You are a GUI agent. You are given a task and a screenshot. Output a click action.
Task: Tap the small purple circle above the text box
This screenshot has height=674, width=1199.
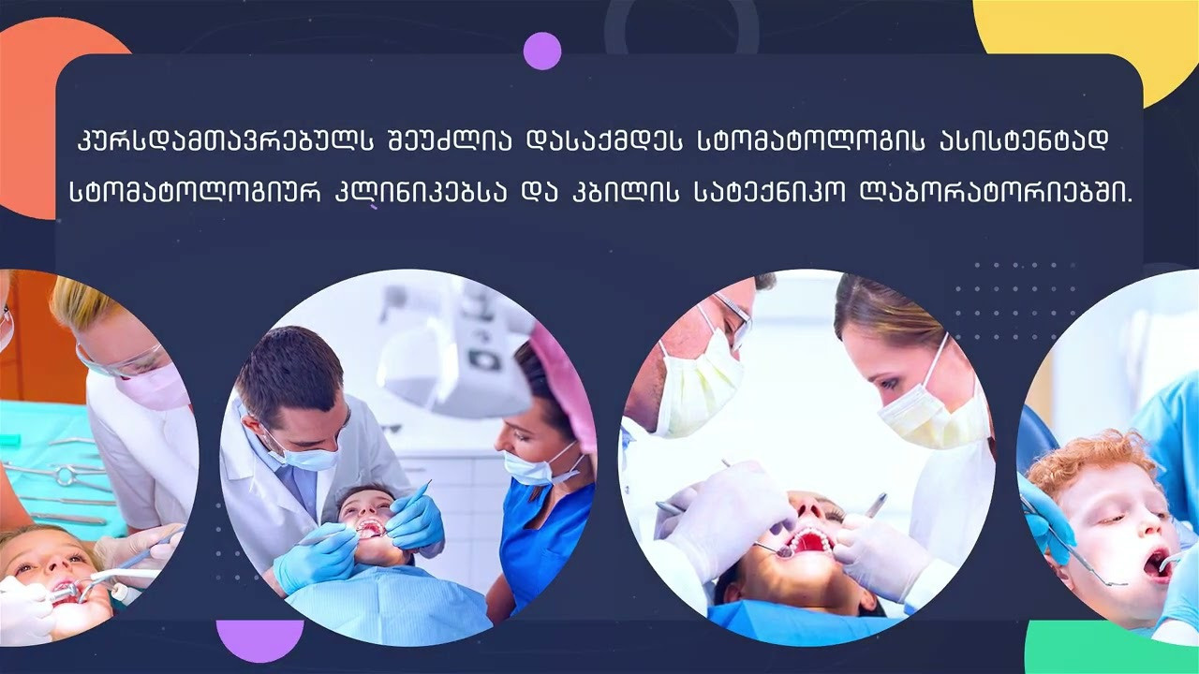(x=542, y=51)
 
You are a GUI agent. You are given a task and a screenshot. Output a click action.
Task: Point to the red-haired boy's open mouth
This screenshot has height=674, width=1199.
(x=1157, y=564)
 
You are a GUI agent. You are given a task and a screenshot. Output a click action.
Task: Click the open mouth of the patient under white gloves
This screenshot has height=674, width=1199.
(x=809, y=541)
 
